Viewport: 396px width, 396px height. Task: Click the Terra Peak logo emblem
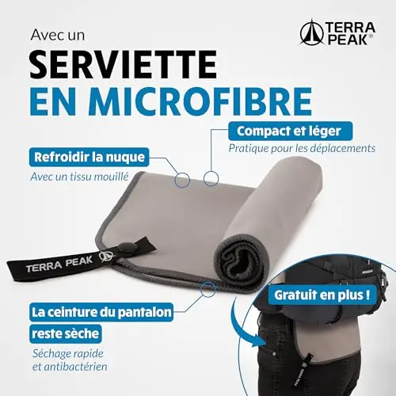pyautogui.click(x=312, y=32)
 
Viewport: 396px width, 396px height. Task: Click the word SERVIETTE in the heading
pyautogui.click(x=124, y=65)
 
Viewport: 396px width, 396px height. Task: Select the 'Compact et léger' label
pyautogui.click(x=290, y=131)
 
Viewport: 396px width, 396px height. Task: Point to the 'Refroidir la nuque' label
pyautogui.click(x=89, y=157)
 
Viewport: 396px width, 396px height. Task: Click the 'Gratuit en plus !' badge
pyautogui.click(x=322, y=295)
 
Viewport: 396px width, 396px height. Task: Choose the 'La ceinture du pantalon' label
pyautogui.click(x=101, y=312)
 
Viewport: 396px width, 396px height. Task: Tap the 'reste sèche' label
pyautogui.click(x=66, y=333)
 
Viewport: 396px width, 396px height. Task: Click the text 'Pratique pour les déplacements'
pyautogui.click(x=302, y=148)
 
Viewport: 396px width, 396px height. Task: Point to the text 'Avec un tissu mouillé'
pyautogui.click(x=79, y=177)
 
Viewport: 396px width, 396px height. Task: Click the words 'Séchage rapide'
pyautogui.click(x=68, y=353)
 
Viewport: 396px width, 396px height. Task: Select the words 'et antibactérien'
pyautogui.click(x=70, y=367)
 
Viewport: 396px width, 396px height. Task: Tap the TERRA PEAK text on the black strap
pyautogui.click(x=59, y=265)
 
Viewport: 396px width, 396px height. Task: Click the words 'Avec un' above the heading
pyautogui.click(x=58, y=36)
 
